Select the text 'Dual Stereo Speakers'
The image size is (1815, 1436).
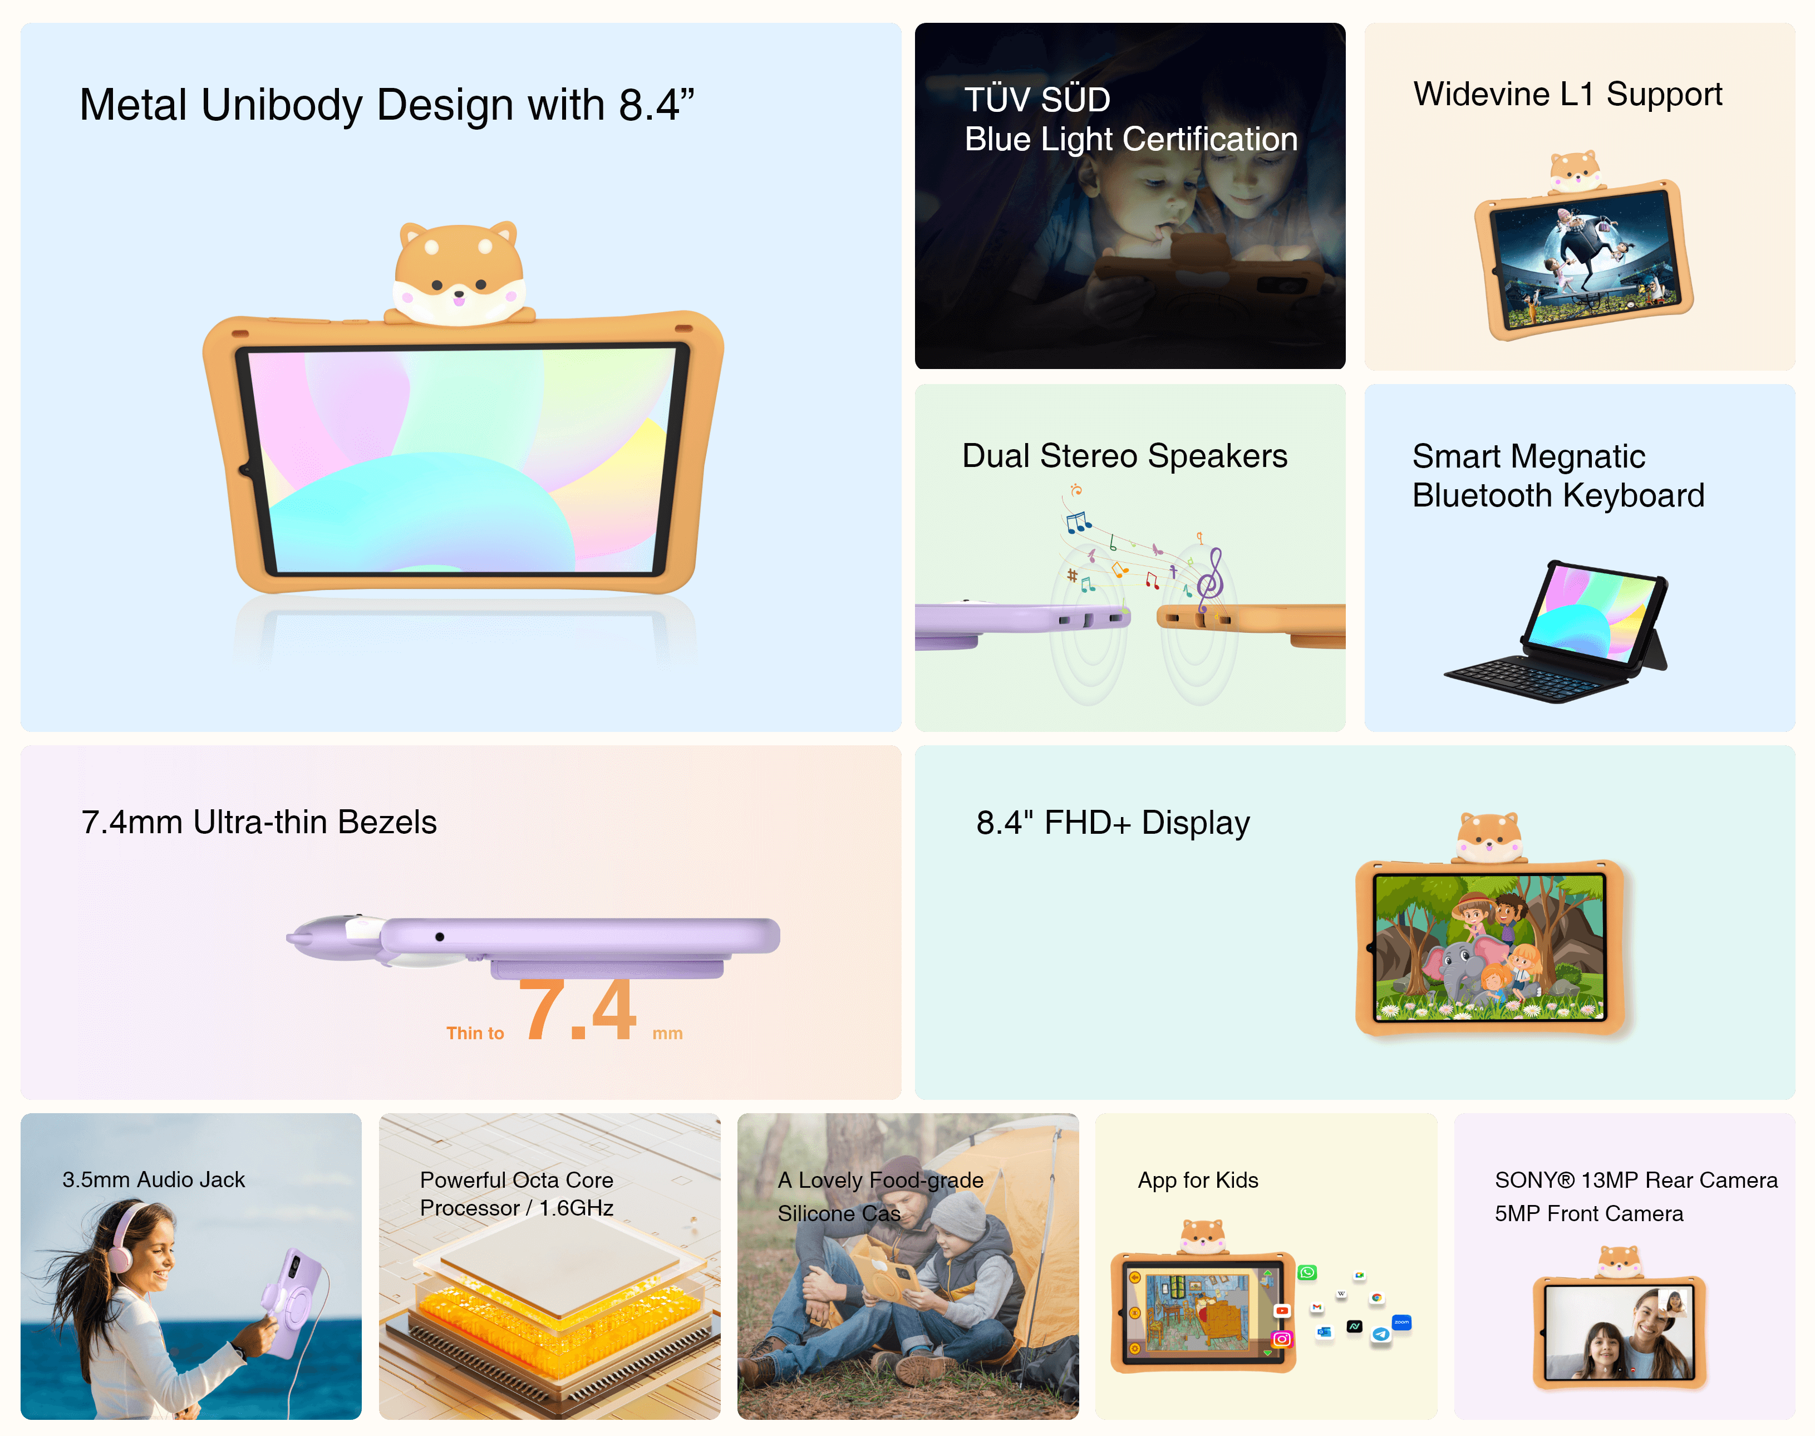[1124, 456]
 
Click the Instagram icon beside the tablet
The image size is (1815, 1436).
[1282, 1339]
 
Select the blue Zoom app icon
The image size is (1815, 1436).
[1401, 1322]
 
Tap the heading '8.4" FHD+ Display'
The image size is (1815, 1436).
[1112, 822]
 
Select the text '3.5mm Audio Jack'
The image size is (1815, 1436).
[153, 1179]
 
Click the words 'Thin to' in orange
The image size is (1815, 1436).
[475, 1033]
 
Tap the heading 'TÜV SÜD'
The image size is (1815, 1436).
[1036, 99]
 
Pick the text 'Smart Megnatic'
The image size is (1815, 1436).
[1528, 456]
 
